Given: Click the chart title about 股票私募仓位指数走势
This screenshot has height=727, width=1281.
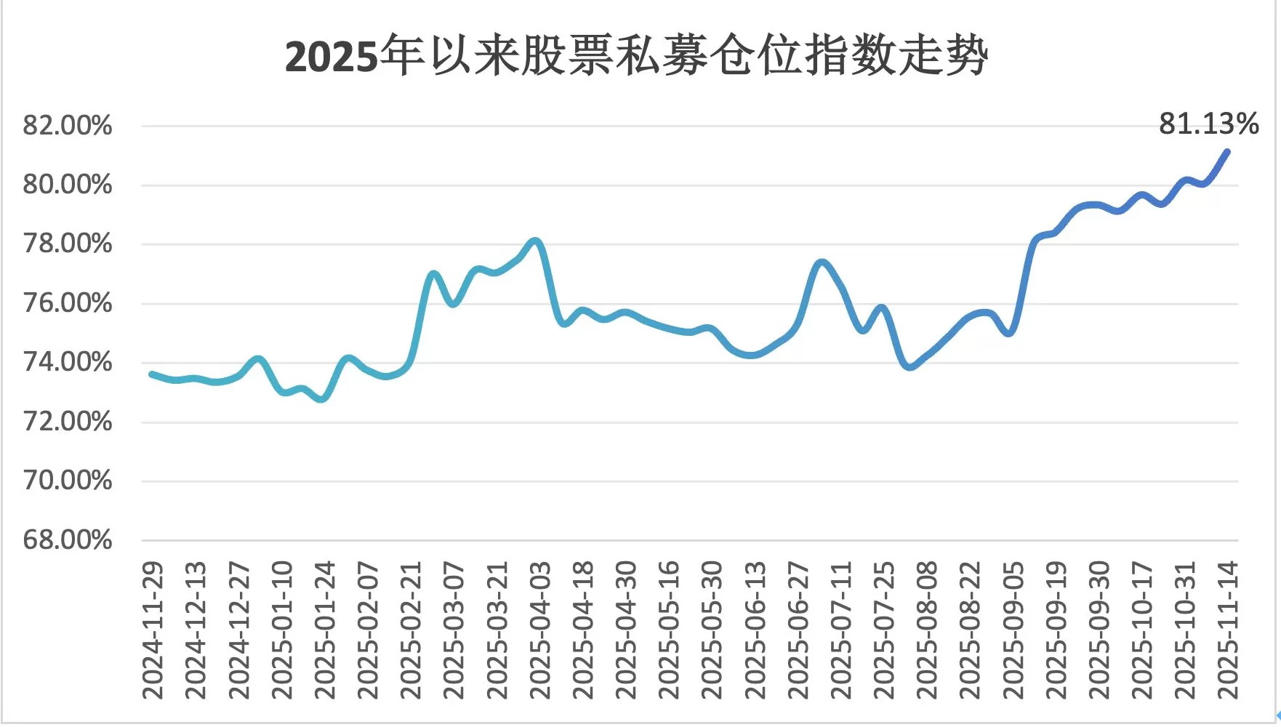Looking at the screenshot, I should click(x=636, y=56).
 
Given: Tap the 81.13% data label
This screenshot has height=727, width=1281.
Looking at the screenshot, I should click(x=1208, y=124).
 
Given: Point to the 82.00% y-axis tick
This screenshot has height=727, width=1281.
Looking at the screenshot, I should click(x=68, y=126).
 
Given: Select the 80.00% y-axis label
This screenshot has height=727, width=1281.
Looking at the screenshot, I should click(x=68, y=185).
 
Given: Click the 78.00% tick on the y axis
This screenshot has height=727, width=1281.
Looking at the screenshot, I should click(x=68, y=244).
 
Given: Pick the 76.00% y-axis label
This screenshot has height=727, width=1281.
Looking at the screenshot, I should click(x=68, y=303).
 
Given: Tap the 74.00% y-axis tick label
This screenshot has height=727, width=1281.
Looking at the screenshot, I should click(x=68, y=362).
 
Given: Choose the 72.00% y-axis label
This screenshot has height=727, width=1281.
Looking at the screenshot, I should click(x=68, y=422).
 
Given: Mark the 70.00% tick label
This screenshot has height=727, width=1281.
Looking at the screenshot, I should click(x=68, y=481).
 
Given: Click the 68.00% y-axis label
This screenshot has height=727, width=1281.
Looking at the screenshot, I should click(x=68, y=540).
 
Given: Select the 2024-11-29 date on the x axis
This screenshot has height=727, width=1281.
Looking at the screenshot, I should click(x=153, y=630).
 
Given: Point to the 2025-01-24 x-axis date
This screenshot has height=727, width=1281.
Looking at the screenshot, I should click(x=325, y=630).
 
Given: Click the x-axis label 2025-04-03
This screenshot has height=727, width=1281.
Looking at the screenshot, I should click(x=540, y=630).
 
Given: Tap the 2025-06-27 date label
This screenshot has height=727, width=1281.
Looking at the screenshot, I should click(x=798, y=630).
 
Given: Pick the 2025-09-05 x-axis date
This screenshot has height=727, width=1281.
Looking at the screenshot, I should click(x=1013, y=630).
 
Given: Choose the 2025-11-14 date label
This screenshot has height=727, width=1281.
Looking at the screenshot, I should click(x=1228, y=630).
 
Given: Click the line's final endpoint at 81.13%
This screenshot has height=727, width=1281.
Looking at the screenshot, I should click(x=1227, y=151).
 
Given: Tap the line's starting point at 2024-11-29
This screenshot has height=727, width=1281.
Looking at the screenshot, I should click(x=151, y=374).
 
